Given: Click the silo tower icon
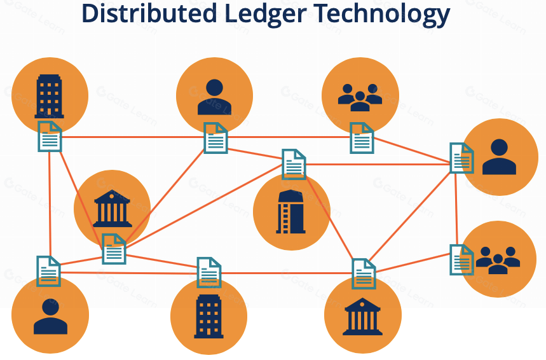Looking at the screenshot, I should [x=290, y=212].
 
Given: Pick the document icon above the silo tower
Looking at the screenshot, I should [x=294, y=164].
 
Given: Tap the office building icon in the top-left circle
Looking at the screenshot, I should [x=49, y=96].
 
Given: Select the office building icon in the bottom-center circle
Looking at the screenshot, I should [x=209, y=316].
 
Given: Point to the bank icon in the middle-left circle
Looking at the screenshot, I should [x=112, y=208].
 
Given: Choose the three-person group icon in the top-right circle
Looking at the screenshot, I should [x=360, y=97].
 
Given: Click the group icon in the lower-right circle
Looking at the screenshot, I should [x=498, y=260].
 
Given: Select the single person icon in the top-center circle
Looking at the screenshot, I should [x=214, y=97].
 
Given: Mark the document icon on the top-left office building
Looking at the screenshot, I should [x=50, y=136].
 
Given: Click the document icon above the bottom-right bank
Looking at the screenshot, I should [x=364, y=273].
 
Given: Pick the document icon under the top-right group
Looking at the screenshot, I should [x=362, y=138].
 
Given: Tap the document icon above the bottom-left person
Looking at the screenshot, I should [x=48, y=271].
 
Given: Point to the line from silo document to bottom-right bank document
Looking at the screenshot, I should [x=329, y=216].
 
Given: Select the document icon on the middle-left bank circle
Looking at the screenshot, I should [x=114, y=249].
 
